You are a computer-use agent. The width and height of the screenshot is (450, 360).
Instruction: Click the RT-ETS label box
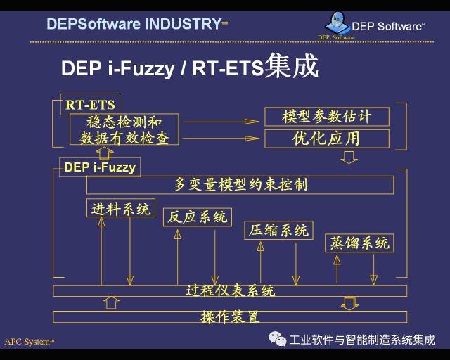[90, 105]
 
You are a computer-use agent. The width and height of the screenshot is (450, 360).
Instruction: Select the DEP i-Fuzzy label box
[99, 167]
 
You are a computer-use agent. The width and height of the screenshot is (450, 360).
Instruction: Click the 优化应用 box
[326, 138]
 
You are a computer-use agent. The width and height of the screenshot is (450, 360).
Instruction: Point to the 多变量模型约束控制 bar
[240, 185]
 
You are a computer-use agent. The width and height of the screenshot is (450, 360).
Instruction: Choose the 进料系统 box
[121, 208]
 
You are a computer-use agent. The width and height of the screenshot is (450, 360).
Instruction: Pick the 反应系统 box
[197, 217]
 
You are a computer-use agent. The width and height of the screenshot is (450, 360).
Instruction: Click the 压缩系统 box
[279, 230]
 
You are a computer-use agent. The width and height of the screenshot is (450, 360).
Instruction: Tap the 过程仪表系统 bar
[230, 290]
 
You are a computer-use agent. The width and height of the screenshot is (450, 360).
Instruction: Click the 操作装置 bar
[230, 316]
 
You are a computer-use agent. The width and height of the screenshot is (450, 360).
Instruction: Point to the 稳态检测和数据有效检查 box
[124, 129]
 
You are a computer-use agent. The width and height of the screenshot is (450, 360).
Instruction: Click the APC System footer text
[29, 342]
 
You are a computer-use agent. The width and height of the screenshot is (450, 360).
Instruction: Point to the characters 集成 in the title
[291, 67]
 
